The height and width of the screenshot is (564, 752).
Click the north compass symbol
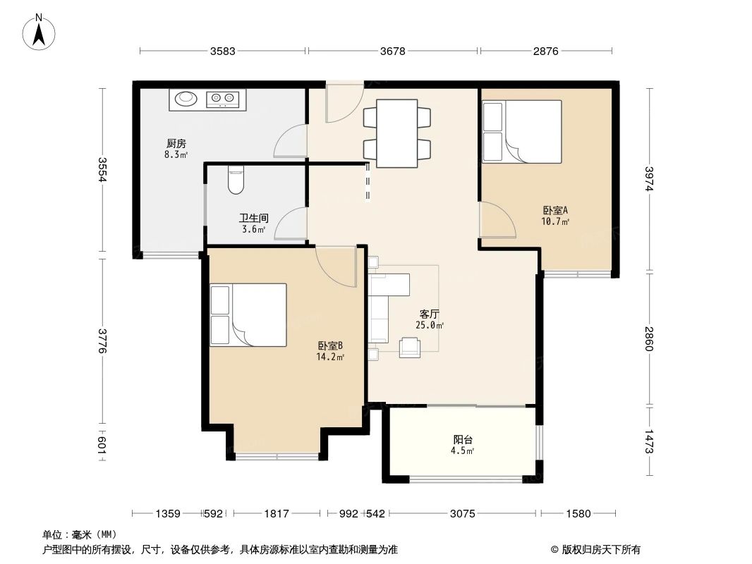pos(39,32)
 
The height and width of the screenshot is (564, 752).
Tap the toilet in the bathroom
pos(236,180)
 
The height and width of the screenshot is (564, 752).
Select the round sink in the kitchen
pos(186,99)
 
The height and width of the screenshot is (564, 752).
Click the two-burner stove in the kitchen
pos(223,99)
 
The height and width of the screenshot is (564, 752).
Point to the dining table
pos(396,133)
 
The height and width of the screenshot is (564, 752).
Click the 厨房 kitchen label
pos(176,143)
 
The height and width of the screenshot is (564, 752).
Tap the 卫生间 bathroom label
pos(254,218)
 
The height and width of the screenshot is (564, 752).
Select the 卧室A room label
pos(555,210)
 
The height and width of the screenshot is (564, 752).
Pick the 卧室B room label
pos(330,345)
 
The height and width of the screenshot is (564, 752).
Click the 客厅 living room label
pos(429,314)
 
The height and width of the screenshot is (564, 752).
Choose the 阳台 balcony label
pos(463,439)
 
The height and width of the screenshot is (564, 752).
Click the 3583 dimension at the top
pos(222,51)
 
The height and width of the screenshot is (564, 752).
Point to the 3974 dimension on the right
pos(649,179)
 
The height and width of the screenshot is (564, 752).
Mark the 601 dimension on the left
pos(102,444)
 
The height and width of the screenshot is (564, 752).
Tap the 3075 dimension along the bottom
pos(462,514)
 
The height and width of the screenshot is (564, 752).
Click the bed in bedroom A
pos(522,132)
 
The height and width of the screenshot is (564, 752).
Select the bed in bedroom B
pos(248,315)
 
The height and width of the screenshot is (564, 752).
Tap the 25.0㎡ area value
pos(429,326)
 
